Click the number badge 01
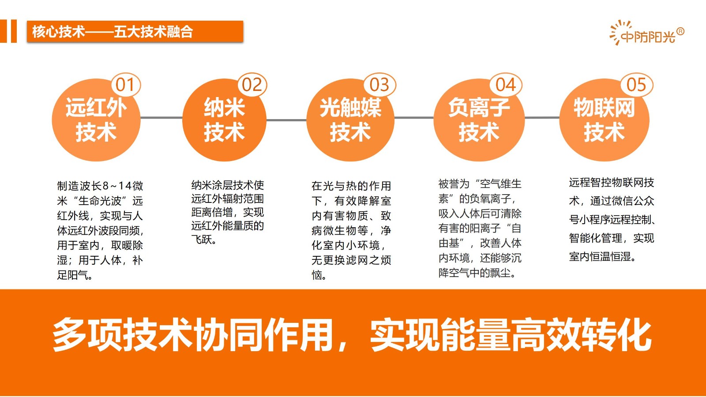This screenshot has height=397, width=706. (x=126, y=84)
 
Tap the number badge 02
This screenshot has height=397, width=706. (x=252, y=84)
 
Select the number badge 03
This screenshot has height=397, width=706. (x=379, y=84)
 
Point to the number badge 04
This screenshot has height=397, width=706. (x=506, y=84)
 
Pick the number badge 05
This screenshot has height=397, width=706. (x=637, y=84)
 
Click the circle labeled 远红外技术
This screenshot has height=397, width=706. (x=96, y=120)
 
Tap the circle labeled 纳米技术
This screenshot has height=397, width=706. (x=225, y=120)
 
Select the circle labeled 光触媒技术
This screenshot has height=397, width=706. (x=350, y=120)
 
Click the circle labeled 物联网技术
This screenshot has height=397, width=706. (x=604, y=120)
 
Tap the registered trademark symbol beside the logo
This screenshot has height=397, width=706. (x=680, y=31)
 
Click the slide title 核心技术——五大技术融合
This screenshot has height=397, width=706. (x=113, y=32)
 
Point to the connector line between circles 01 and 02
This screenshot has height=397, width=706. (x=161, y=118)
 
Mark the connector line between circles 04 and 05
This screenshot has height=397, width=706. (x=542, y=118)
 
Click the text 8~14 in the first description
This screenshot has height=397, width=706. (x=117, y=186)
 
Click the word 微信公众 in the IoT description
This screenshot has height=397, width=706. (x=622, y=201)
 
